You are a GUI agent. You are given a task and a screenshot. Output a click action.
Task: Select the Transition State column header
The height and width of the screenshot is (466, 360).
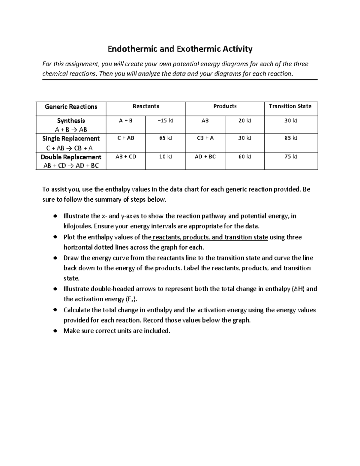coord(290,106)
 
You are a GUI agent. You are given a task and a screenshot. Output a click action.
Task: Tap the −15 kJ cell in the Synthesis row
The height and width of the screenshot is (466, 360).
coord(165,121)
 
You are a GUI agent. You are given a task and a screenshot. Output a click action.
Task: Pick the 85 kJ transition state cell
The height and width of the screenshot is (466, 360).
coord(291,138)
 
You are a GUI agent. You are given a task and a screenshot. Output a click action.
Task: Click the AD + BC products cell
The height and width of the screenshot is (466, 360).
coord(205,157)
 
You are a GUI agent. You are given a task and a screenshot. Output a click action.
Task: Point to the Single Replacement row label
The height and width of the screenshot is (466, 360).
coord(71,139)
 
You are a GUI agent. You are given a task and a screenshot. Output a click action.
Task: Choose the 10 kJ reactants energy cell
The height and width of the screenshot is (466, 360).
coord(165,157)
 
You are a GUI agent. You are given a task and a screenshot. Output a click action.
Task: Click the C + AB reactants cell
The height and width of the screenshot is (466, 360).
coord(126,138)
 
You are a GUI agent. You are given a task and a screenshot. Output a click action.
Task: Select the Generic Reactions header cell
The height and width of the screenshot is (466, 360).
coord(71,107)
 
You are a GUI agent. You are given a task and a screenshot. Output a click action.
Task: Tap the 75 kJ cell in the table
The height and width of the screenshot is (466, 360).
coord(291,157)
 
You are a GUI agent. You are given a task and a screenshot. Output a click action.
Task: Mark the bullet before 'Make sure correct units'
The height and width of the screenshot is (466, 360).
coord(55,331)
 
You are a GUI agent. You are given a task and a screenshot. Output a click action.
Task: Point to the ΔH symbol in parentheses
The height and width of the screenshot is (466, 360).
coord(298,289)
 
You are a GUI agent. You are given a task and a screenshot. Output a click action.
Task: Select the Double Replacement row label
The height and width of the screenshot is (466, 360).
coord(71,157)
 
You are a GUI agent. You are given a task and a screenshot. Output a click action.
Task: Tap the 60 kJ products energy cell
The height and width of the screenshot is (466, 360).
coord(244,157)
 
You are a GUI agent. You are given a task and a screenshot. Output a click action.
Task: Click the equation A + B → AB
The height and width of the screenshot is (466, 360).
coord(71,130)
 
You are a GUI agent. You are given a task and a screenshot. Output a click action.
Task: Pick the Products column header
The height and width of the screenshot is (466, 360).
coord(225,106)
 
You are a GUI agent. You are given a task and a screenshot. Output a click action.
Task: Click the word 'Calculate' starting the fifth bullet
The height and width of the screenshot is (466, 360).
coord(77,310)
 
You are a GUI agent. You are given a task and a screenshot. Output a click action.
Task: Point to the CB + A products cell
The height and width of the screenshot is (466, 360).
coord(205,138)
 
